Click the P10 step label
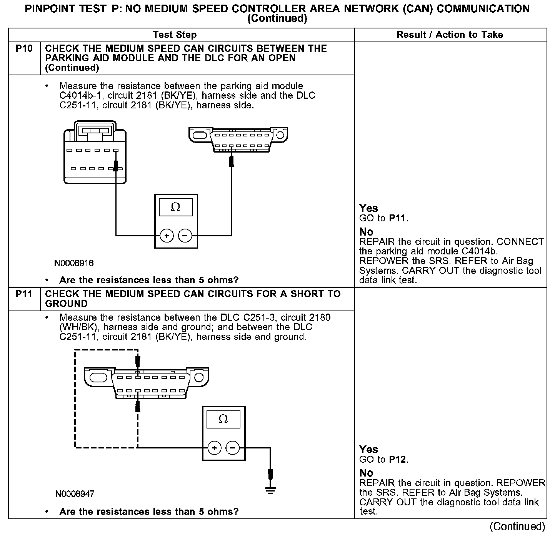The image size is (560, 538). click(23, 49)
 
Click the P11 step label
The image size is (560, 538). click(23, 294)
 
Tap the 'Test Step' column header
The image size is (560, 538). click(175, 35)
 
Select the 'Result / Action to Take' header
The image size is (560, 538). click(450, 35)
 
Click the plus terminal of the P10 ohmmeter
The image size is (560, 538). click(167, 236)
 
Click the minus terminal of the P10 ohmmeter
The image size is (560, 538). click(185, 236)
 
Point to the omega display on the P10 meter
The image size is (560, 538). click(176, 208)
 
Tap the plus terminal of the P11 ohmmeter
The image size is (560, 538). click(214, 448)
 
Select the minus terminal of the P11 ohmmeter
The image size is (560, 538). click(232, 448)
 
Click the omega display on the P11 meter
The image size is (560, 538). click(223, 419)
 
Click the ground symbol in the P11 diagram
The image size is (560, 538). click(270, 490)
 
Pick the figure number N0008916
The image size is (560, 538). click(74, 264)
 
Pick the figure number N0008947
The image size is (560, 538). click(75, 494)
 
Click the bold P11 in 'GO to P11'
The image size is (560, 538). click(398, 219)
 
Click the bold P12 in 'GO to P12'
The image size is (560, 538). click(398, 460)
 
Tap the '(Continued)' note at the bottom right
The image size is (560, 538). click(517, 526)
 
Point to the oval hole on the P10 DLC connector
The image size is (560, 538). click(200, 135)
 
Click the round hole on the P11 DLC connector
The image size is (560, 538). click(199, 377)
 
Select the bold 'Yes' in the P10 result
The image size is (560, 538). click(368, 208)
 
